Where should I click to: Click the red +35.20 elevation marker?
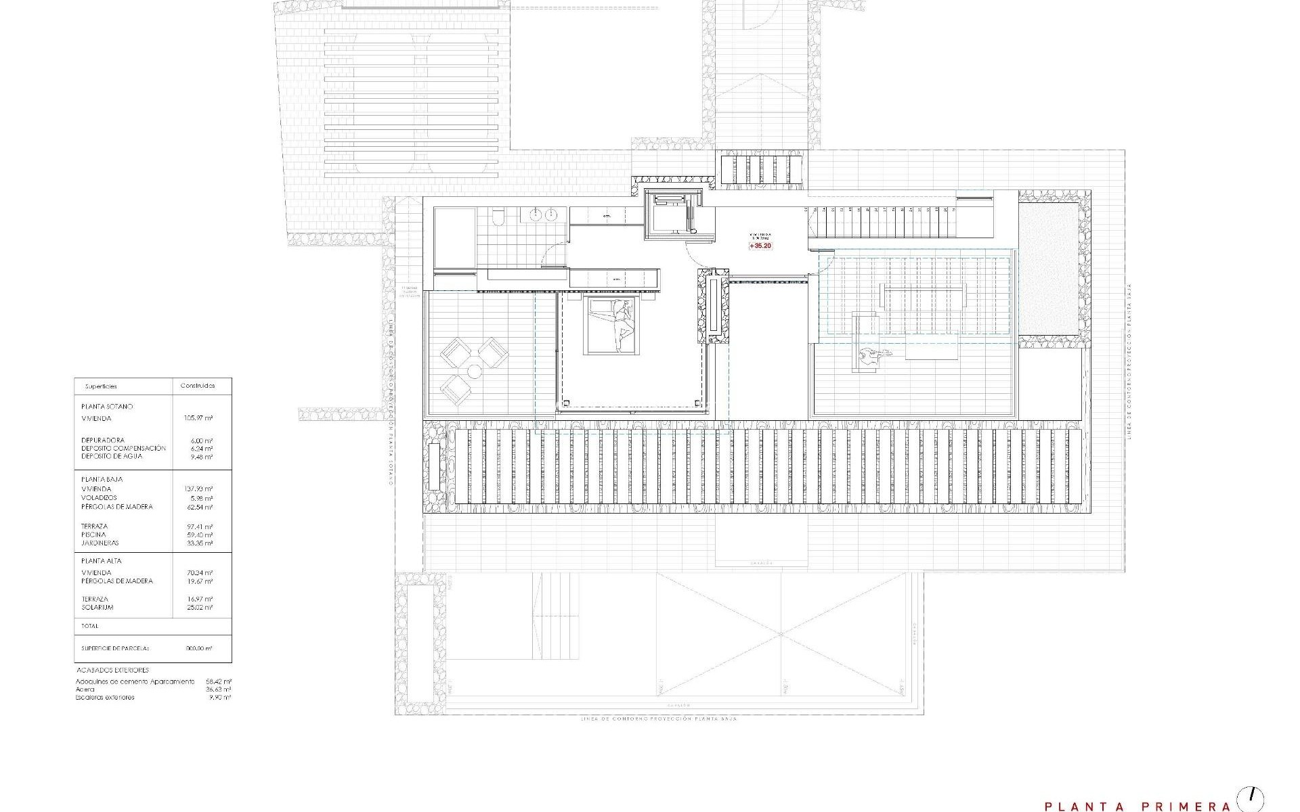(x=760, y=246)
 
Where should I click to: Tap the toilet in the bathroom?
(x=498, y=216)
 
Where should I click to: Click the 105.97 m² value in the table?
(x=198, y=418)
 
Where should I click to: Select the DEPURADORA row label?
(x=102, y=440)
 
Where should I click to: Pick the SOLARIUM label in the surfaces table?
(x=97, y=607)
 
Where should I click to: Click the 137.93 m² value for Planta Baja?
(x=198, y=489)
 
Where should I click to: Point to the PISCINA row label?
(x=93, y=535)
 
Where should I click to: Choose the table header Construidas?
(x=197, y=386)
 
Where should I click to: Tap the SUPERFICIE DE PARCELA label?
(x=115, y=648)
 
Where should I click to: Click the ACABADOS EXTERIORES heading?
(x=112, y=670)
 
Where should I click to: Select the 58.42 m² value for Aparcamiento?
(x=219, y=681)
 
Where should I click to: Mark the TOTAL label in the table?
(x=90, y=626)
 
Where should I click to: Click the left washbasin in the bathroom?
(x=535, y=215)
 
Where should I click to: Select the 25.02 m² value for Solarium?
(x=199, y=607)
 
